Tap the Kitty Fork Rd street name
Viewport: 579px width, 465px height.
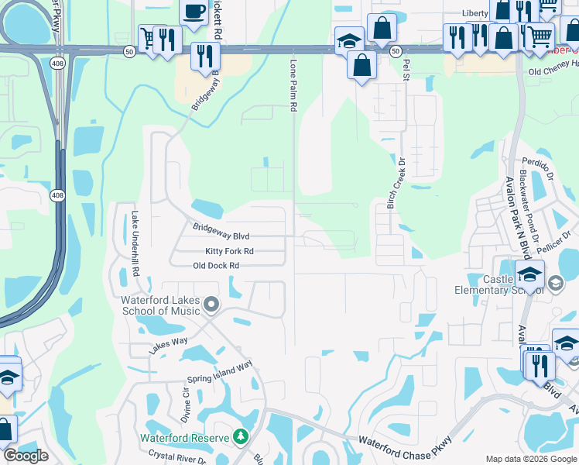229,252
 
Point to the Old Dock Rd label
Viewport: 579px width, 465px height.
216,266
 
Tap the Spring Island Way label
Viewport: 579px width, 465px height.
221,373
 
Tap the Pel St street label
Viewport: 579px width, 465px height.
404,72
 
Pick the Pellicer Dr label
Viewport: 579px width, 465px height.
562,234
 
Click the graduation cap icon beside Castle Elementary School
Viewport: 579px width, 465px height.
530,274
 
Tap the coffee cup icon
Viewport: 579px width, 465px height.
194,11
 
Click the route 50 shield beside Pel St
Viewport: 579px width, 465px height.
396,51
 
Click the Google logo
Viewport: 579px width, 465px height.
26,456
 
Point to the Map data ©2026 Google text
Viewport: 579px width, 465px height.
530,460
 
